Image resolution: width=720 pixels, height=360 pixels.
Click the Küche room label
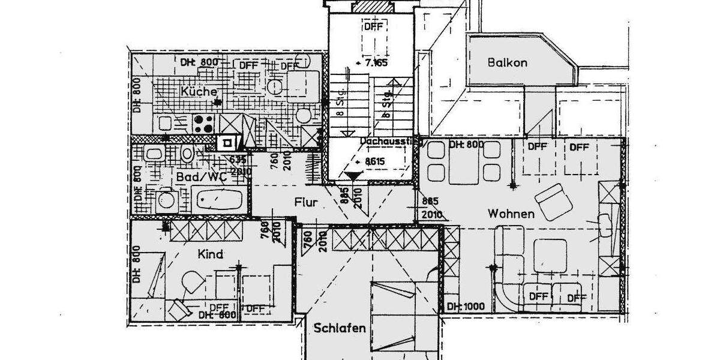(198, 91)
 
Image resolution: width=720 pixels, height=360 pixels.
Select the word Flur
(305, 202)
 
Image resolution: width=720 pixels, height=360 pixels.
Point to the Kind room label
(210, 254)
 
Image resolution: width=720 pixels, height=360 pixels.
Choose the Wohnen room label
(511, 214)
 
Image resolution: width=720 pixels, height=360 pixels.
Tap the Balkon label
(507, 62)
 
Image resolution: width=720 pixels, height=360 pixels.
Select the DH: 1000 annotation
(466, 307)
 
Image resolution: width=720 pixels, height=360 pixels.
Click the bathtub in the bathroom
(218, 197)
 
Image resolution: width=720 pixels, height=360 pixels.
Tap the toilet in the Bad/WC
(188, 154)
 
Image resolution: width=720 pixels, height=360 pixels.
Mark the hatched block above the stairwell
(373, 7)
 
